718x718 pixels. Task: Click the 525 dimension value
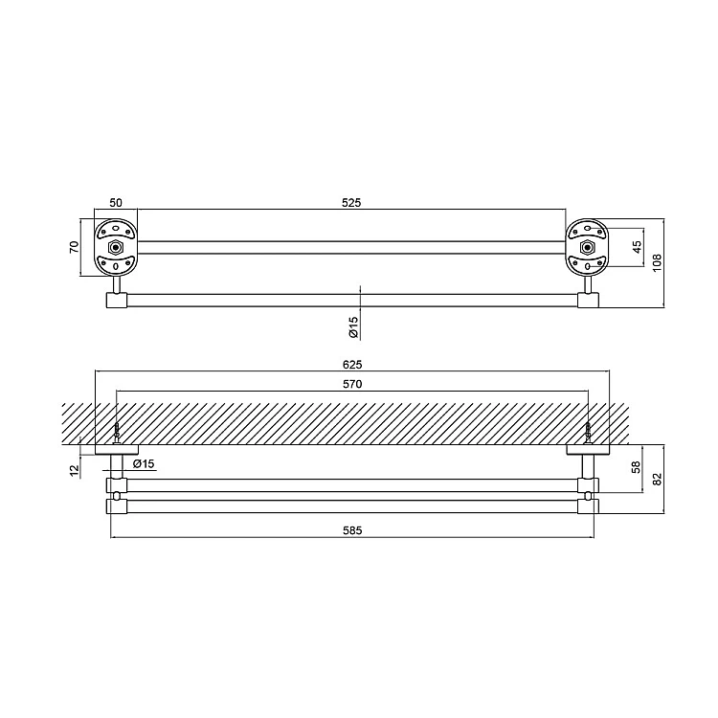coord(351,202)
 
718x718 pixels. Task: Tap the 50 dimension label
coord(116,202)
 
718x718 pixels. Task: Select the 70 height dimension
coord(74,247)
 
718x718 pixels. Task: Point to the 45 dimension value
coord(637,247)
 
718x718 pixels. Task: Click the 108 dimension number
coord(657,263)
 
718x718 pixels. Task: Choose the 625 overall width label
coord(352,365)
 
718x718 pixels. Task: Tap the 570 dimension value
coord(352,384)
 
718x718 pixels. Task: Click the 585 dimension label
coord(352,530)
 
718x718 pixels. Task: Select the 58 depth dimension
coord(636,467)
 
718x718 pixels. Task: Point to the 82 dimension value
coord(657,479)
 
